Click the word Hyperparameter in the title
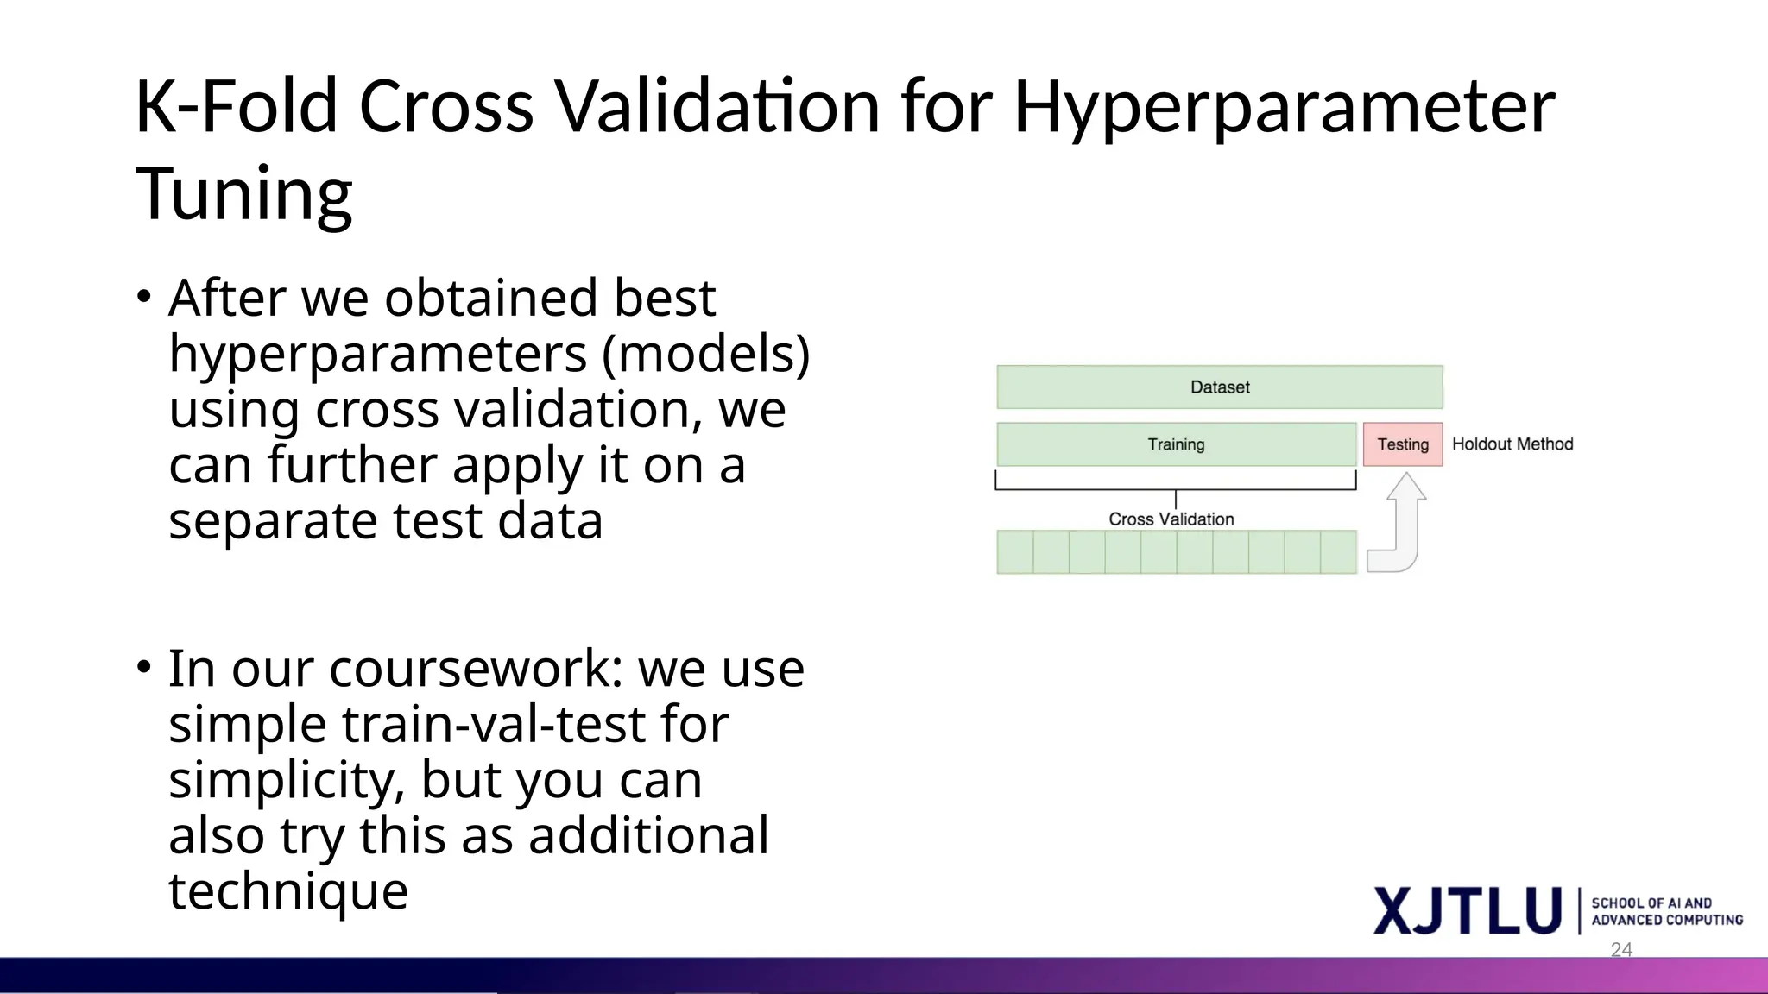pyautogui.click(x=1284, y=108)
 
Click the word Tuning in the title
pyautogui.click(x=243, y=194)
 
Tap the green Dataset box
pyautogui.click(x=1219, y=387)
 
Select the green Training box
pyautogui.click(x=1176, y=444)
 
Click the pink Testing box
pyautogui.click(x=1402, y=444)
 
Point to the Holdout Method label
pyautogui.click(x=1512, y=444)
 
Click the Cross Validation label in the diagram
pyautogui.click(x=1171, y=519)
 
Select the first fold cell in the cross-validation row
pyautogui.click(x=1015, y=552)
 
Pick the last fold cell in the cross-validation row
pyautogui.click(x=1338, y=552)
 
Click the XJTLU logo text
pyautogui.click(x=1467, y=911)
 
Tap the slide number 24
pyautogui.click(x=1621, y=950)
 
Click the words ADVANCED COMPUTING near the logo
pyautogui.click(x=1667, y=921)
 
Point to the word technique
pyautogui.click(x=287, y=891)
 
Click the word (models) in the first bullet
pyautogui.click(x=705, y=354)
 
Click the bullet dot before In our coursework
pyautogui.click(x=144, y=668)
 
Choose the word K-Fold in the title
pyautogui.click(x=236, y=108)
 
